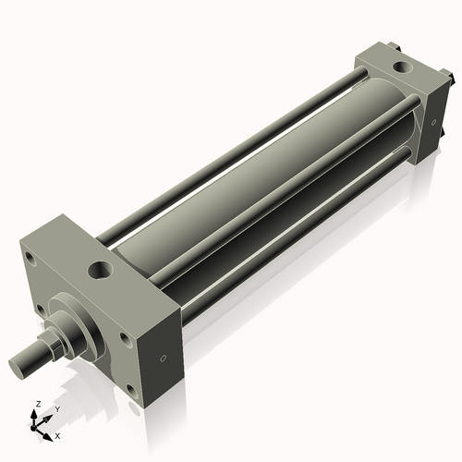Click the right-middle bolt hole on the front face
pos(125,339)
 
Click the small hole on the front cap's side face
pos(164,358)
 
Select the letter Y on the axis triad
pos(57,408)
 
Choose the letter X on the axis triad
pos(57,434)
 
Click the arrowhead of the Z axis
pos(37,414)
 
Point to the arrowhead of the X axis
pos(49,432)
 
